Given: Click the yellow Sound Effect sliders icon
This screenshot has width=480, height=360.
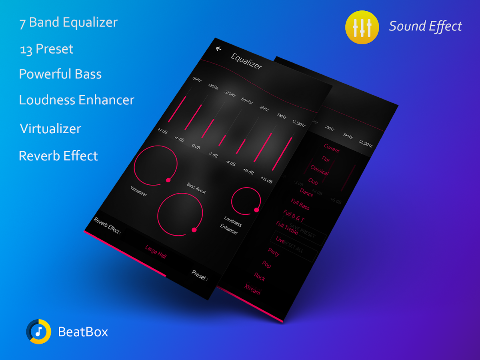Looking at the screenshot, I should click(x=362, y=26).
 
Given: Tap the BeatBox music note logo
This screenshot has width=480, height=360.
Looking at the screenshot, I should click(x=39, y=332).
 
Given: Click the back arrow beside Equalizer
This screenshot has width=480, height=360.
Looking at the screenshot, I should click(x=218, y=49).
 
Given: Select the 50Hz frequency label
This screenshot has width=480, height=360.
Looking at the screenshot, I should click(x=197, y=79).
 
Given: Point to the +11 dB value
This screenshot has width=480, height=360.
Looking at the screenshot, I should click(x=266, y=180).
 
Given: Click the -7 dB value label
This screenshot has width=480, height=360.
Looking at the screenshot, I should click(x=212, y=154).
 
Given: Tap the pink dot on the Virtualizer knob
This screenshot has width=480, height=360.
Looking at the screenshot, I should click(x=168, y=180).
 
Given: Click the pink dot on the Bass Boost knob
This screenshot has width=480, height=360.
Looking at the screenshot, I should click(x=194, y=230).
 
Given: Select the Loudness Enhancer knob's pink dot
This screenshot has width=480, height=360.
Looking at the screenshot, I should click(x=256, y=210).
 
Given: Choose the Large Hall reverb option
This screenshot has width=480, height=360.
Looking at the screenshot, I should click(x=156, y=252).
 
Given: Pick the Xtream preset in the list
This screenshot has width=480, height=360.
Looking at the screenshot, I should click(x=252, y=289).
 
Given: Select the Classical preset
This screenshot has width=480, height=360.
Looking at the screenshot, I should click(x=319, y=170).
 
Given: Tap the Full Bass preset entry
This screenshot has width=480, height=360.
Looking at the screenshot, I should click(x=300, y=204).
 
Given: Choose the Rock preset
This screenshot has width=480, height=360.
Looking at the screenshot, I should click(x=259, y=276).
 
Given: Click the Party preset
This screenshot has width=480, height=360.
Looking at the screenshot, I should click(x=274, y=252).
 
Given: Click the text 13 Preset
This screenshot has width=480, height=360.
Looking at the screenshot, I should click(x=46, y=49).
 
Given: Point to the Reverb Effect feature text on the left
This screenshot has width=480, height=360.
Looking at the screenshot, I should click(x=58, y=156).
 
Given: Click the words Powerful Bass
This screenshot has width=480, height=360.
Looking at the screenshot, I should click(x=60, y=74).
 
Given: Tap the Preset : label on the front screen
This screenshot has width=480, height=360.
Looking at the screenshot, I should click(x=199, y=276).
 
